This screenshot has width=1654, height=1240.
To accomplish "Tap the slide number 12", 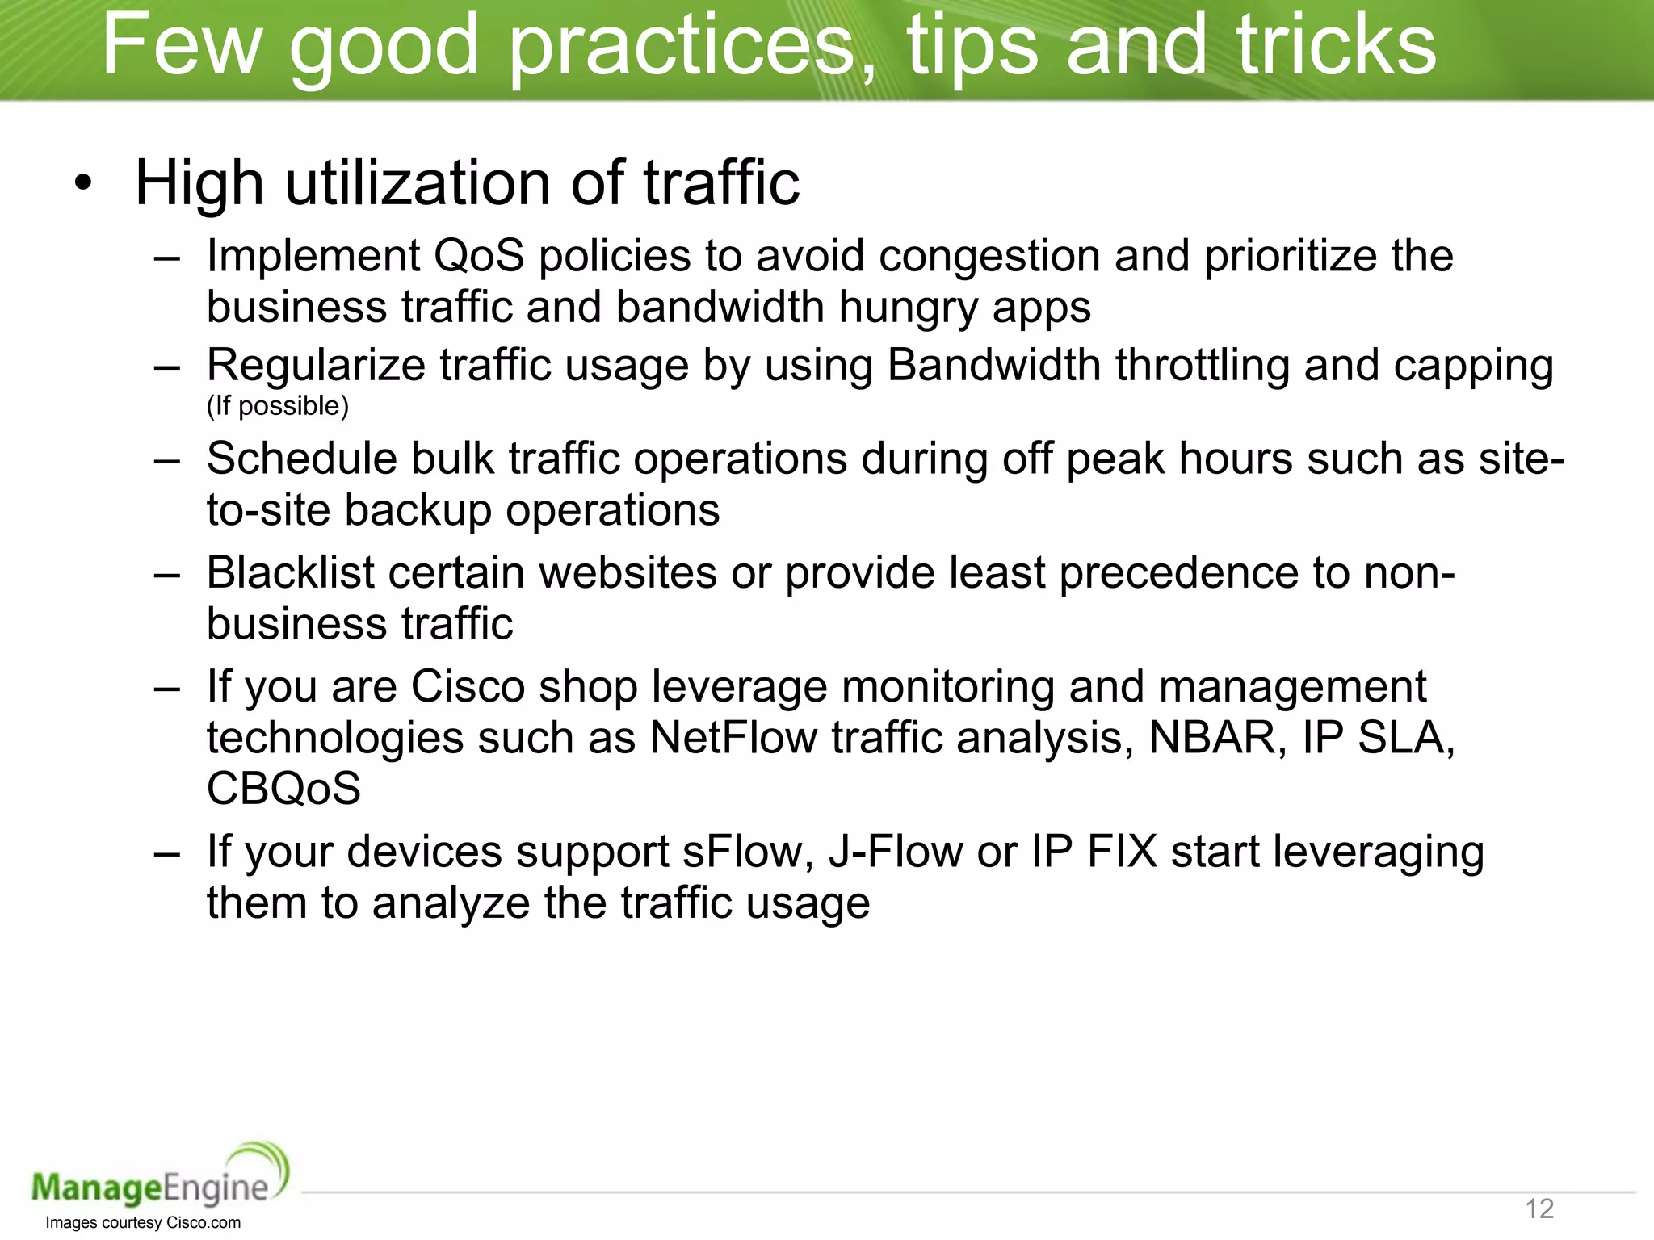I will (1539, 1209).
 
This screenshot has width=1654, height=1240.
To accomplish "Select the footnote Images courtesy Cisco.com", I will (143, 1222).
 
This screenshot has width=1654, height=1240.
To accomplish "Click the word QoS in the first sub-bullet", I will (479, 256).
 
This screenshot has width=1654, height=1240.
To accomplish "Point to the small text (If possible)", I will (277, 405).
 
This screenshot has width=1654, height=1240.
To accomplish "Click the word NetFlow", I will (733, 737).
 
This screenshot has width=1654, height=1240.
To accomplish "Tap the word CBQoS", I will (283, 789).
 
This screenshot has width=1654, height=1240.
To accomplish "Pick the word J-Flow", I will (895, 852).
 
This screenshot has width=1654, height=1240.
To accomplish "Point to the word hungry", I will (908, 308).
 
